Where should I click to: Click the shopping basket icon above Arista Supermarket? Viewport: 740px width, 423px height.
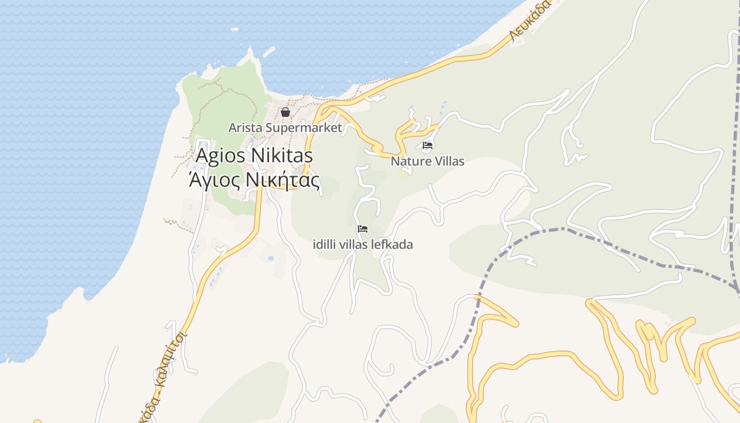point(285,112)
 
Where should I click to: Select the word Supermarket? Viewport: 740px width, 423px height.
point(311,128)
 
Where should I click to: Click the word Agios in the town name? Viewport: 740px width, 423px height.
point(220,156)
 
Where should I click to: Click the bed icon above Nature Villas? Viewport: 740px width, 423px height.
point(428,145)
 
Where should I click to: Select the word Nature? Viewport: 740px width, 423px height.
point(409,161)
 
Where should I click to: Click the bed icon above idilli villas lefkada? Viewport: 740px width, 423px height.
point(363,229)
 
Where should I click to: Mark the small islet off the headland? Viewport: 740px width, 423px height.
point(269,51)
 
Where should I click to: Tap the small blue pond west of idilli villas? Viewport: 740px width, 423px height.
point(271,258)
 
